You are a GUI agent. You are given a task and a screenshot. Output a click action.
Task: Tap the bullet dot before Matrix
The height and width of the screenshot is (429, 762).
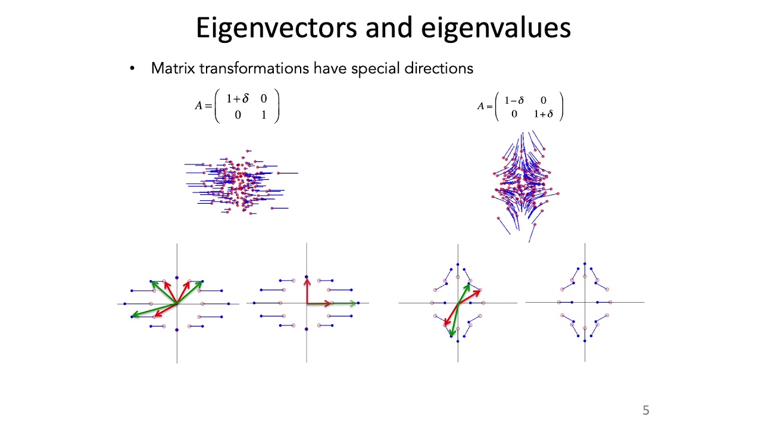coord(132,69)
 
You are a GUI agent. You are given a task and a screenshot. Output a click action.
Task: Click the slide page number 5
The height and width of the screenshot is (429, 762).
coord(646,410)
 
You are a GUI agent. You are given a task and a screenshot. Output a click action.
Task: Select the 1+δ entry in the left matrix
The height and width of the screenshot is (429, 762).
coord(237,99)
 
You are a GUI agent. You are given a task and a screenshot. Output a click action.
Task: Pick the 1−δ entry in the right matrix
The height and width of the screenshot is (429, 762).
coord(514,100)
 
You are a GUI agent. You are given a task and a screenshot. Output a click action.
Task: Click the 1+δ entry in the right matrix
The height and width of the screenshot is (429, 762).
coord(543,114)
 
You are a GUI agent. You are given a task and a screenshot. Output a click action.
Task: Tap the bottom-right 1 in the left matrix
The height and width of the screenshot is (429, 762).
coord(264,114)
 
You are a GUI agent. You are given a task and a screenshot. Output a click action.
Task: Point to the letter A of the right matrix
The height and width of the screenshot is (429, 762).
coord(480,106)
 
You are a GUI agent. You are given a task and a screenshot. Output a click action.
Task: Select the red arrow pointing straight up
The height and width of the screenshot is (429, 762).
coord(307,291)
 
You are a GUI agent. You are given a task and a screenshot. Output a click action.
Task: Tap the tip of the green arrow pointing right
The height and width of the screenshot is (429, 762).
coord(355,303)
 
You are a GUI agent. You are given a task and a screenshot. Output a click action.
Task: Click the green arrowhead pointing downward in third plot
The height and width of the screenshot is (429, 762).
coord(452,333)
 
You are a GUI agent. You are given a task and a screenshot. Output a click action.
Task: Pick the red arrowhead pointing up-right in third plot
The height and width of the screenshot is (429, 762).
coord(477,292)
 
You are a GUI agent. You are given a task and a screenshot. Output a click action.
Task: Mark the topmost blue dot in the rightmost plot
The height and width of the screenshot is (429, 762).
coord(585,263)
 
